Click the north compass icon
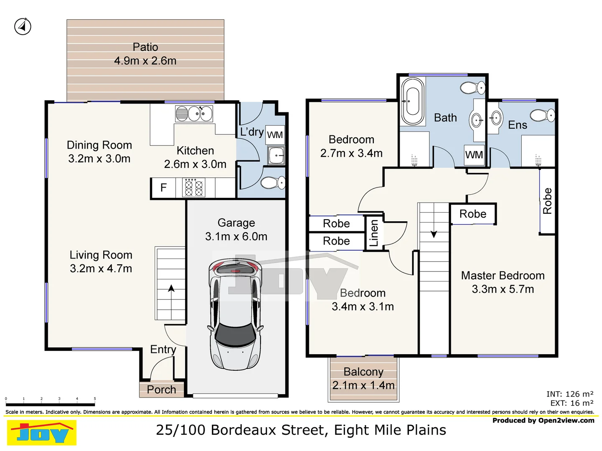click(23, 27)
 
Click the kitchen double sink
click(194, 114)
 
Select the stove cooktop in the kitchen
click(194, 188)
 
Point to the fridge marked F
click(163, 188)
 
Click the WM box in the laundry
click(275, 135)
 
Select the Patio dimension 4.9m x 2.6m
click(145, 61)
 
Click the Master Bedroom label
click(503, 276)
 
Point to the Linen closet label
click(374, 233)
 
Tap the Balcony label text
click(363, 372)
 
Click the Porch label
click(161, 390)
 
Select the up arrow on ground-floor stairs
click(171, 288)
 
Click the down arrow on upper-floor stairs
click(434, 234)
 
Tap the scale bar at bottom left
click(50, 404)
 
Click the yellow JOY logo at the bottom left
click(42, 433)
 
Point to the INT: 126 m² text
click(569, 394)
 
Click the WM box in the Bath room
click(474, 155)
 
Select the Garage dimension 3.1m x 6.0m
click(236, 237)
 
